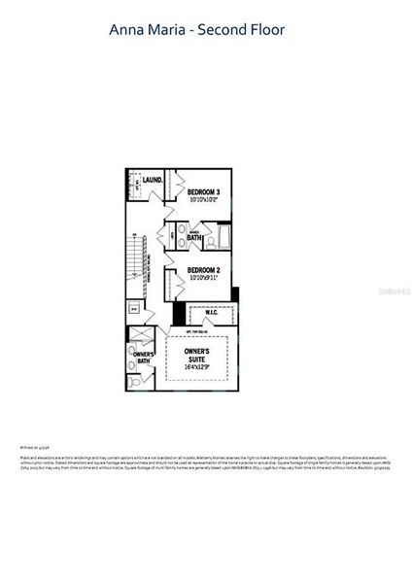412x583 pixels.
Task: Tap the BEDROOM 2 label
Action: (204, 269)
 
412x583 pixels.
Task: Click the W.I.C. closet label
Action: (213, 313)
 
